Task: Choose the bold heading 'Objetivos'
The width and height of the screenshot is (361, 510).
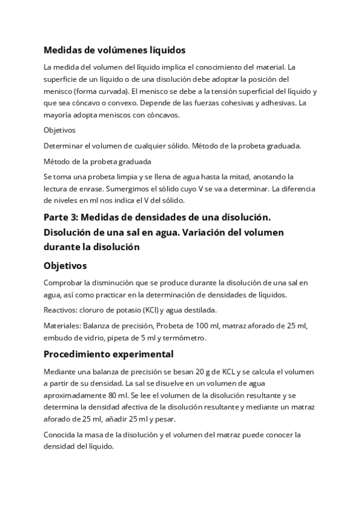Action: coord(65,265)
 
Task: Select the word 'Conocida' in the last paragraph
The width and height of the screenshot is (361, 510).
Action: coord(61,435)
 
